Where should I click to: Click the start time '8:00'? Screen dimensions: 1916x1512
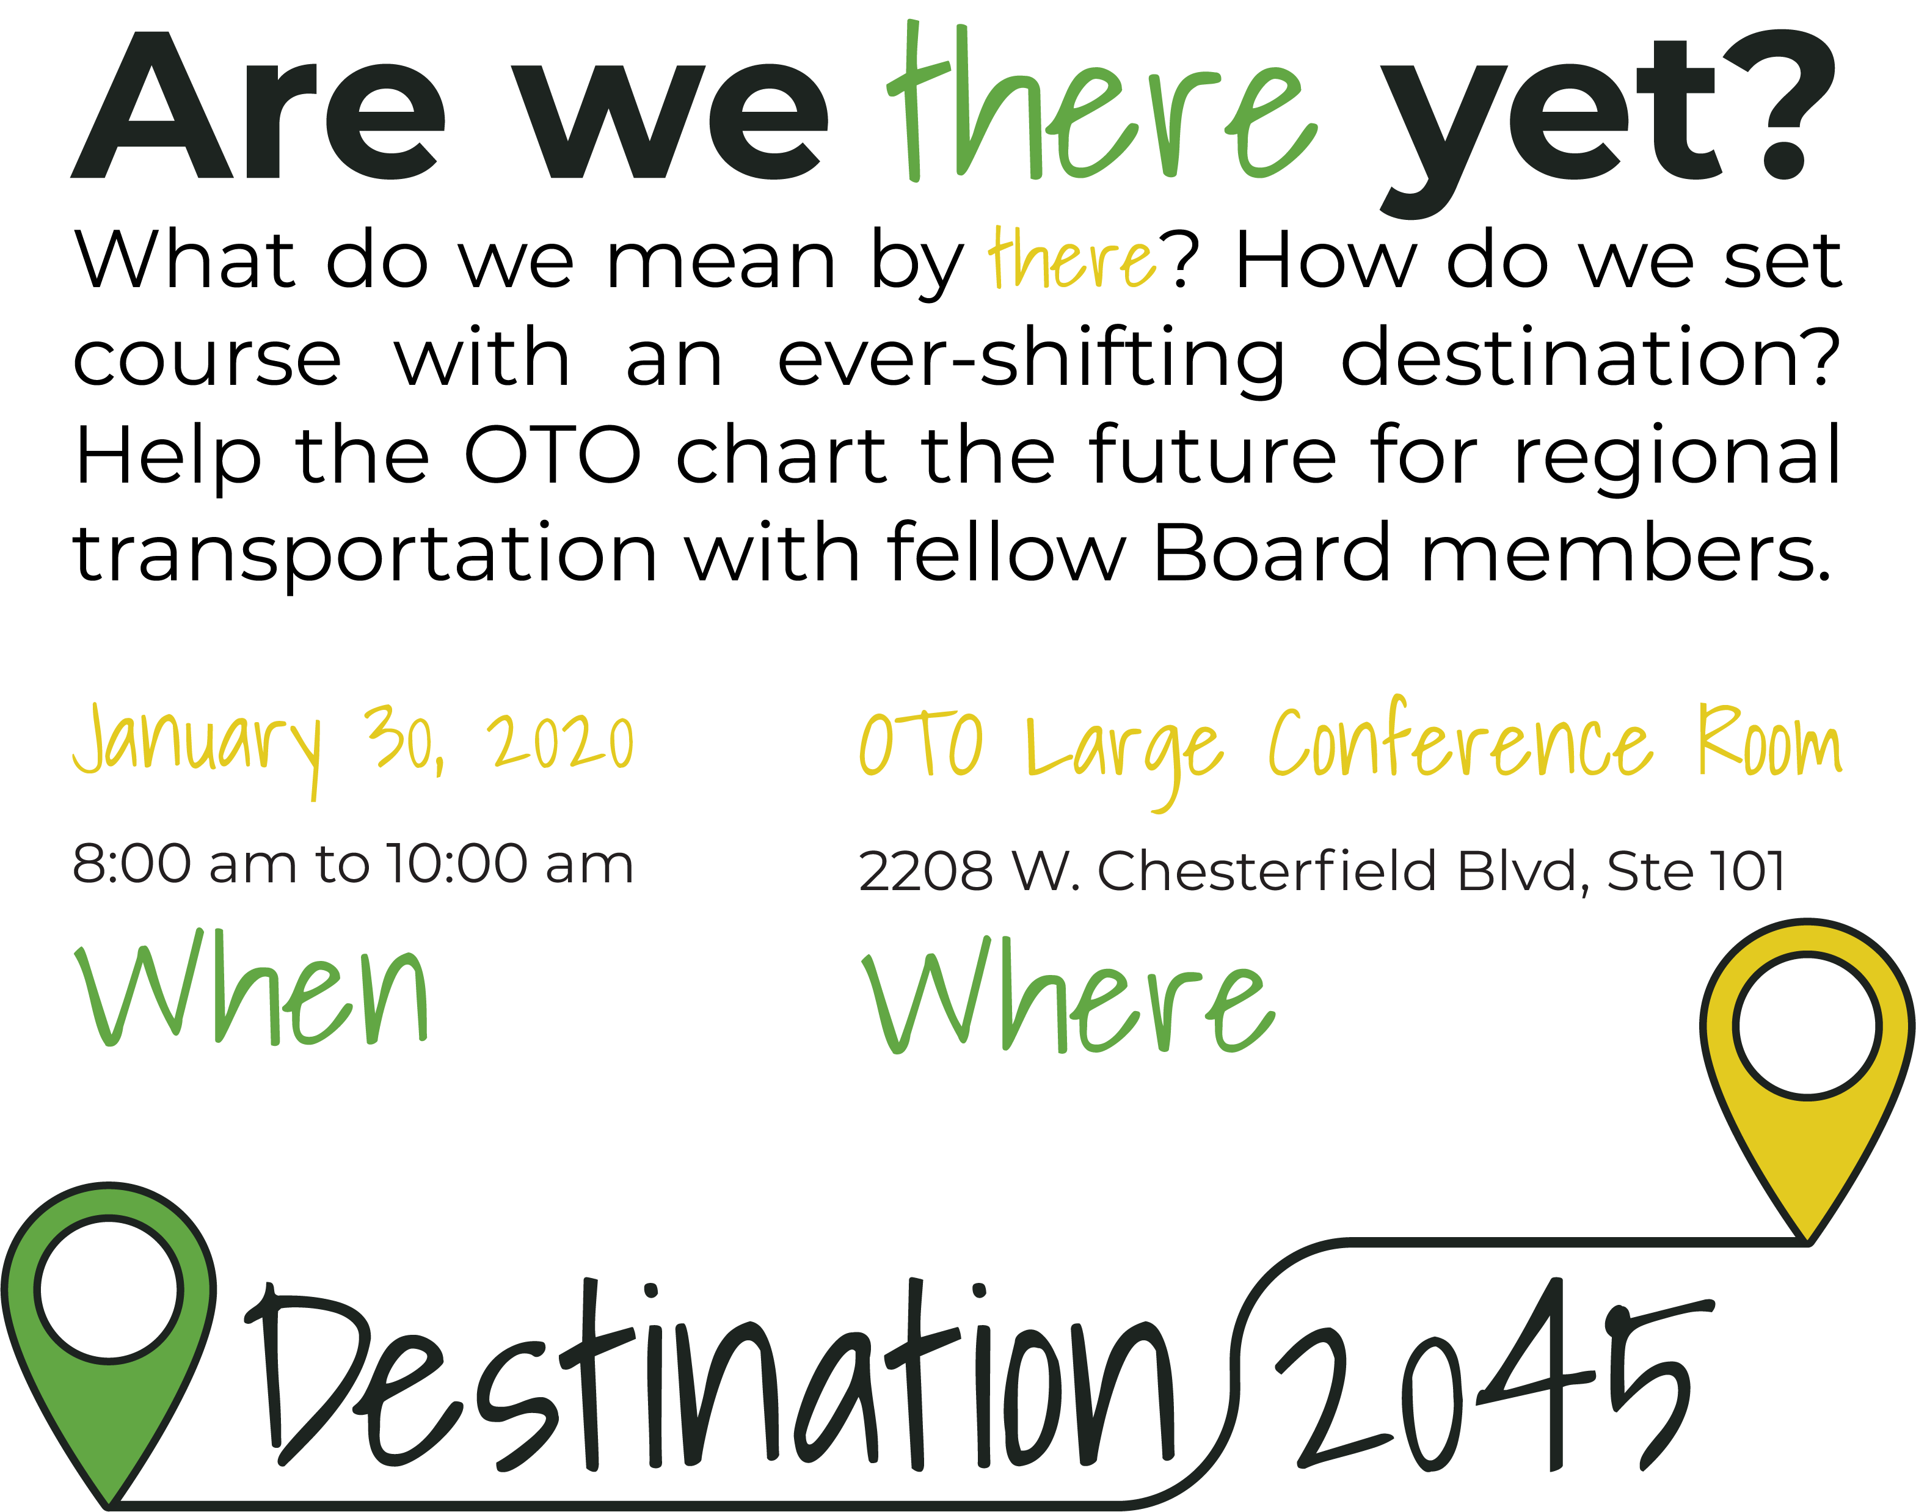[x=131, y=863]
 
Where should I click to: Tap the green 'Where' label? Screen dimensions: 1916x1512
[x=1069, y=993]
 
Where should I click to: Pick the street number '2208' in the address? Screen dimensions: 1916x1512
[x=925, y=871]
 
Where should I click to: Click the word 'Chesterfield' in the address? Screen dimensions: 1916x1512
[x=1266, y=870]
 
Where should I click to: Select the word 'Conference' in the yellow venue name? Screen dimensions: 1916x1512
[x=1460, y=740]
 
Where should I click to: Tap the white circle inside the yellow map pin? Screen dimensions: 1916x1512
[x=1807, y=1027]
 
